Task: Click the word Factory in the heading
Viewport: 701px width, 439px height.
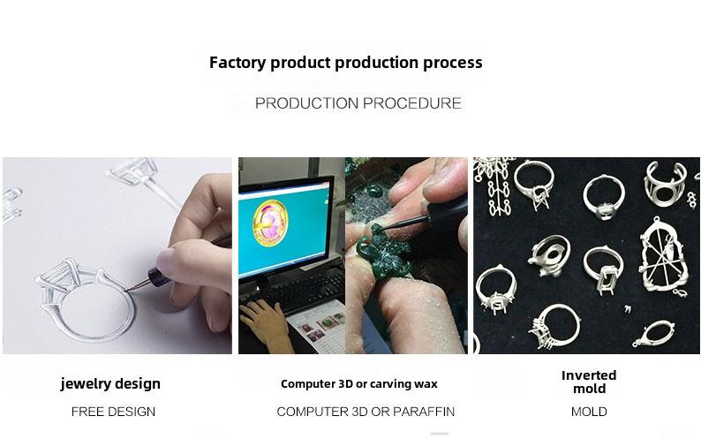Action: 237,63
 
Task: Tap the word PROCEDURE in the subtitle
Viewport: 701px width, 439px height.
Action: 411,103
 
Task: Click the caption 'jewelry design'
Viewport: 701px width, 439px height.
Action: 110,384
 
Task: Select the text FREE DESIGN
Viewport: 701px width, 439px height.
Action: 113,412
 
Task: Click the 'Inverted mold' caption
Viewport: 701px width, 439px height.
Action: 589,382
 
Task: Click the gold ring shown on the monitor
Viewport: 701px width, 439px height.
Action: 270,223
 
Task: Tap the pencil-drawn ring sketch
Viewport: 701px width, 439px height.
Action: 86,299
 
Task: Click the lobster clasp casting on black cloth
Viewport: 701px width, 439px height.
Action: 652,334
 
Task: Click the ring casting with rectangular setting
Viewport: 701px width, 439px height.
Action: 603,269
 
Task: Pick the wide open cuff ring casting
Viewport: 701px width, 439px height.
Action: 664,184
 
